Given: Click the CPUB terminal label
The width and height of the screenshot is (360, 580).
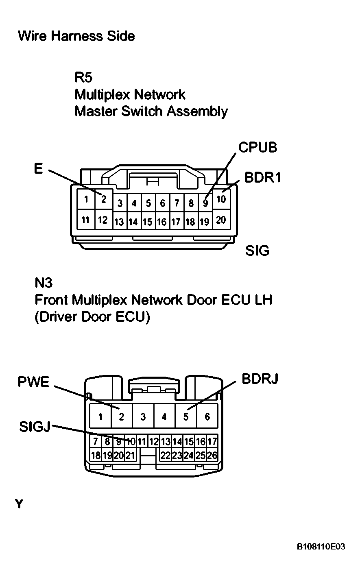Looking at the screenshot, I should [257, 147].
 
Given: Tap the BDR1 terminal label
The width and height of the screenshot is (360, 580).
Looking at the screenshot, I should [263, 177].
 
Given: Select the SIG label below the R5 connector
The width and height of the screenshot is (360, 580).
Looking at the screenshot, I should [257, 251].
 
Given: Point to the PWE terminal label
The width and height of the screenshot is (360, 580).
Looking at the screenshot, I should [33, 382].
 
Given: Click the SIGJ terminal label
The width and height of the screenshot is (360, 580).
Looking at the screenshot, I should [35, 427].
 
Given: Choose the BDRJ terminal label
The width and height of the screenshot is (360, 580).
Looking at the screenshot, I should [260, 379].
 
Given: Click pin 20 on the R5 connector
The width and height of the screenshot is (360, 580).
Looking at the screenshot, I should [220, 220].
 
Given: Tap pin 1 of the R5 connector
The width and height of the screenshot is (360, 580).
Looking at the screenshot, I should [86, 199].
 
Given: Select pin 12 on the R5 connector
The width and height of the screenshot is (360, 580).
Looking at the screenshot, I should [103, 220].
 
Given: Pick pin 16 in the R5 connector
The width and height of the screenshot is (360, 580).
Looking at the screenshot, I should [162, 222].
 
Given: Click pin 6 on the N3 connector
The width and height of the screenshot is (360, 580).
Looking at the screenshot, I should [207, 416].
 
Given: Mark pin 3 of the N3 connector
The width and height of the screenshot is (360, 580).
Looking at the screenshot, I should [143, 416].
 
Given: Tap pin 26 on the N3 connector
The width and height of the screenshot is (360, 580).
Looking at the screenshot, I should [212, 455].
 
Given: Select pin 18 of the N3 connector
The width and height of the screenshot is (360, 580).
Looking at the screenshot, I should [95, 455].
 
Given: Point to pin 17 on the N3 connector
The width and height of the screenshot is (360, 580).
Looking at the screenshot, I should [212, 441].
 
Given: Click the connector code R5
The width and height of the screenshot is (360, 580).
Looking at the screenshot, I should [83, 77].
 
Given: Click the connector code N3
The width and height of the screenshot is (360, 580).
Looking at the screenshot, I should [44, 282].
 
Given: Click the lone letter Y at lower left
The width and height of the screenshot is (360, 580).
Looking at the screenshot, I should [19, 504].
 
